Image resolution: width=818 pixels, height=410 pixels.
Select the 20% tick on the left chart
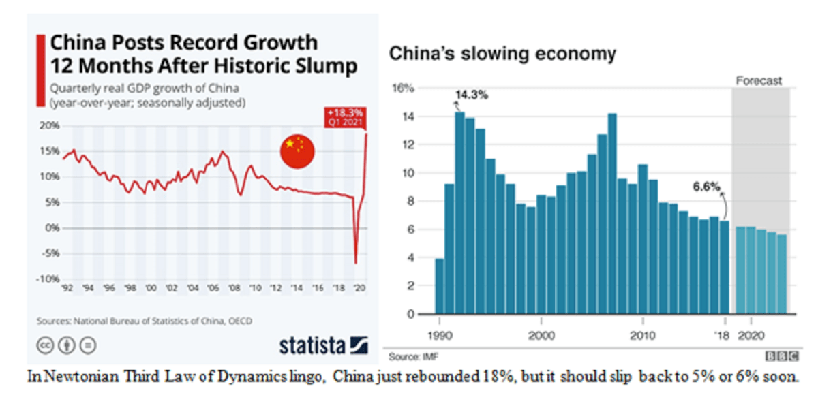coord(50,126)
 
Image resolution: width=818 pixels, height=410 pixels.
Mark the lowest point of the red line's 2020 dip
coord(356,262)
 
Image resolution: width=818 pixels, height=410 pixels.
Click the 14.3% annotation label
coord(472,95)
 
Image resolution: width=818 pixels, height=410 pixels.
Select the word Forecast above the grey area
coord(759,81)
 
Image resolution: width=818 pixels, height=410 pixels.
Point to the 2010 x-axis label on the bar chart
coord(641,336)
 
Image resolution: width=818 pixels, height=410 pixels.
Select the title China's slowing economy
coord(502,54)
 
